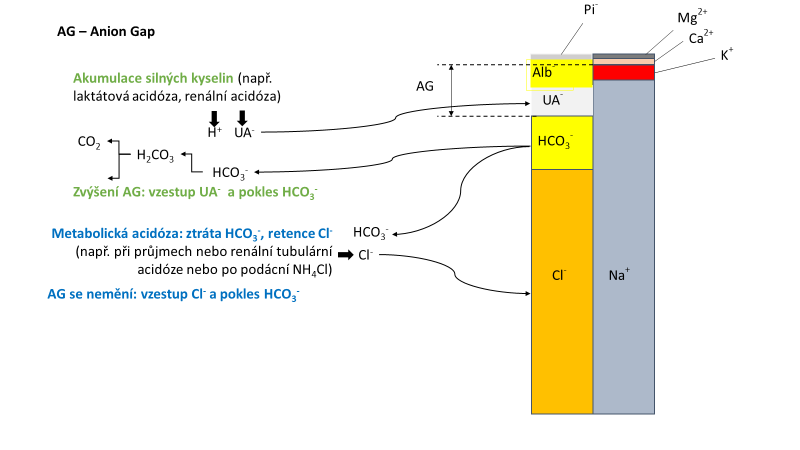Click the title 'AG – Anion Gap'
pos(106,31)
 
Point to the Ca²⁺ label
pos(701,38)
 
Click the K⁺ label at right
pos(726,54)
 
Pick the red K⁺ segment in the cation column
pos(624,72)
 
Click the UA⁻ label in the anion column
pos(552,100)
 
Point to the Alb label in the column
pos(543,73)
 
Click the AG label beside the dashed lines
pos(425,86)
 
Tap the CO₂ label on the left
pos(88,143)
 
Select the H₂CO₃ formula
pos(155,156)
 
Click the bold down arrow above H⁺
pos(214,117)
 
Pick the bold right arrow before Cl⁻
pos(345,255)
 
